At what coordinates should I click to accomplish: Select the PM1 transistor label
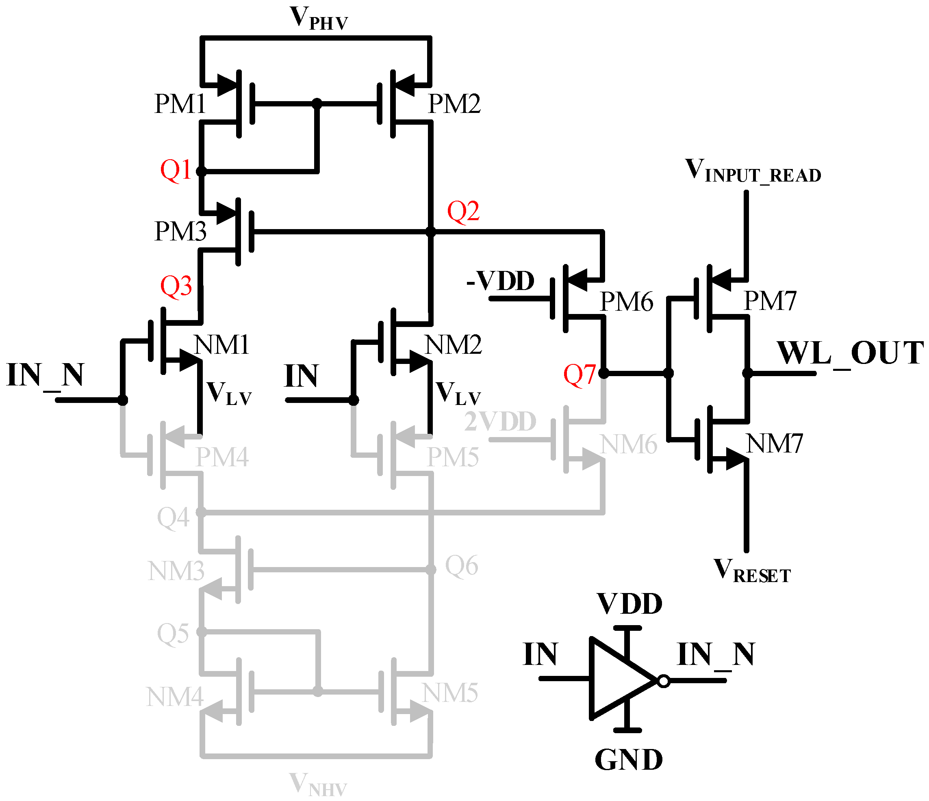click(x=180, y=104)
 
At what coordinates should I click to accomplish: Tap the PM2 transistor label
click(x=454, y=104)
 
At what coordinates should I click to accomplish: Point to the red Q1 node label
click(x=176, y=170)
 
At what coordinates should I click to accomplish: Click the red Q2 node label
click(x=463, y=212)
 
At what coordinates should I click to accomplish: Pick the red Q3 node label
click(x=176, y=286)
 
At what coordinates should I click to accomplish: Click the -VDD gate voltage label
click(x=500, y=281)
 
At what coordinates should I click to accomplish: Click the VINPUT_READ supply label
click(x=753, y=171)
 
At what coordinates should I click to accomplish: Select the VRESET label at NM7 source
click(x=752, y=571)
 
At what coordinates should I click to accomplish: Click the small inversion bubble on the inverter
click(x=664, y=681)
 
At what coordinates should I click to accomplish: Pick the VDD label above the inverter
click(x=629, y=604)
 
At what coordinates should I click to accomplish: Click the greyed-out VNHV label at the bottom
click(x=318, y=784)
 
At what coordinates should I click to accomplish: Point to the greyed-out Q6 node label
click(x=461, y=566)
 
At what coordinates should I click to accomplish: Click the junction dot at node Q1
click(x=201, y=171)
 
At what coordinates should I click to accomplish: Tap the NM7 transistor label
click(x=774, y=444)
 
